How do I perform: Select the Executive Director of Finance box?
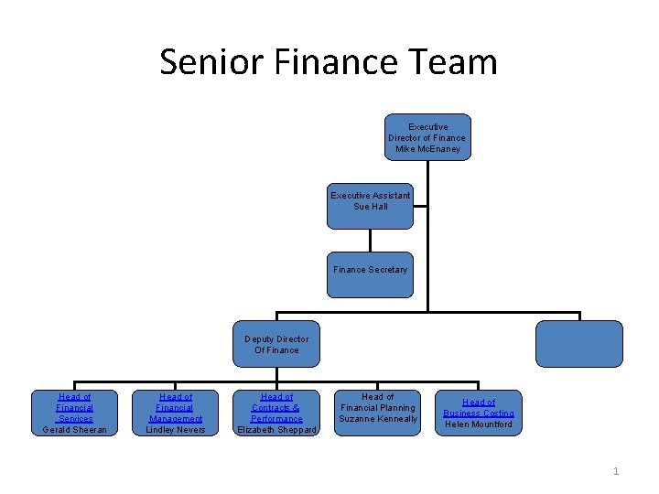[427, 137]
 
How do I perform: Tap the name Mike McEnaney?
[427, 149]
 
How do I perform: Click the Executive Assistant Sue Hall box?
[371, 206]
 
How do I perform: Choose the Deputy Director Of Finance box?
[276, 344]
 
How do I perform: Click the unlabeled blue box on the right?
[579, 343]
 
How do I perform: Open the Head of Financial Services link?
[75, 408]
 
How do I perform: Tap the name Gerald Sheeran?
[75, 430]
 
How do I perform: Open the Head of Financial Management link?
[176, 408]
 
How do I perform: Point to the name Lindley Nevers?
[176, 430]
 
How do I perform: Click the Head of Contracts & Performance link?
[276, 408]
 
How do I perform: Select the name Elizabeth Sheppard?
[276, 430]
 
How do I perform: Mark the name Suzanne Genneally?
[378, 419]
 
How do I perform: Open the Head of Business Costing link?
[479, 408]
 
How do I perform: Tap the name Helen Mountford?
[479, 424]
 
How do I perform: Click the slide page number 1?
[616, 471]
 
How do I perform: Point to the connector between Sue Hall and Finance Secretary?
[371, 240]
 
